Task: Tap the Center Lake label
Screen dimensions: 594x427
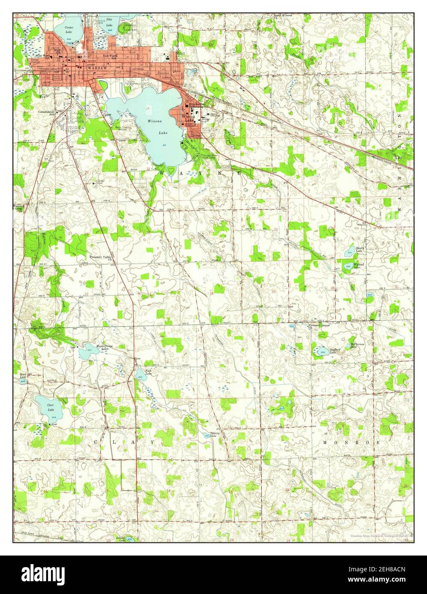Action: pyautogui.click(x=69, y=29)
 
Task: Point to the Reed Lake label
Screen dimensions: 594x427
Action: pyautogui.click(x=23, y=375)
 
